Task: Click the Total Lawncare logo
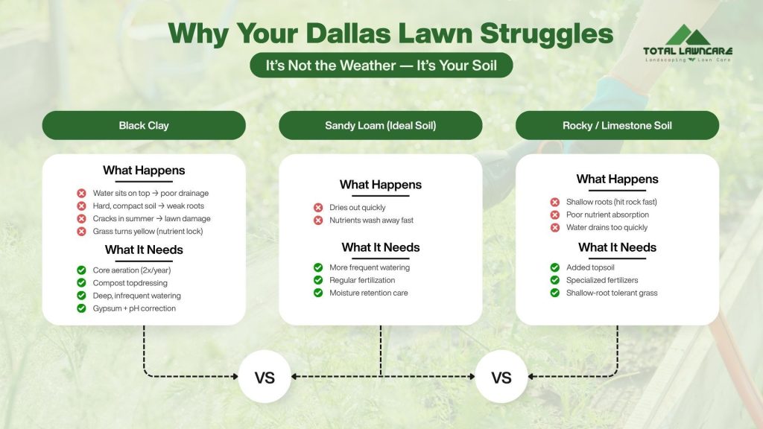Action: tap(687, 42)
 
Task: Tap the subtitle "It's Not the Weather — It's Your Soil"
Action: tap(381, 65)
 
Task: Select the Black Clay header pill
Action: tap(144, 125)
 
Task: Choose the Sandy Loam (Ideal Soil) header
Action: tap(380, 125)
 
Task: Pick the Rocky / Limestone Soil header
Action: tap(617, 125)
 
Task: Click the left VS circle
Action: tap(265, 377)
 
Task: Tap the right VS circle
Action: tap(501, 377)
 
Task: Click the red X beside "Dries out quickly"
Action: tap(318, 208)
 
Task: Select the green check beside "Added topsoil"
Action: tap(554, 267)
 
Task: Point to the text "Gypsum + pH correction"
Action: tap(134, 308)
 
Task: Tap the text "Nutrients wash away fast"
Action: tap(371, 220)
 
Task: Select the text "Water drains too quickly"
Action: tap(607, 227)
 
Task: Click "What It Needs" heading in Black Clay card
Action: tap(144, 250)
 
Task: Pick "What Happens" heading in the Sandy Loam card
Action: tap(380, 185)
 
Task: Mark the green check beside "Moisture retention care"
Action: tap(318, 293)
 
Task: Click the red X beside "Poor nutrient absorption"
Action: tap(554, 214)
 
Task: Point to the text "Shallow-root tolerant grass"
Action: tap(612, 293)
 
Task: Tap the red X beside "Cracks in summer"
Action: tap(81, 219)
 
